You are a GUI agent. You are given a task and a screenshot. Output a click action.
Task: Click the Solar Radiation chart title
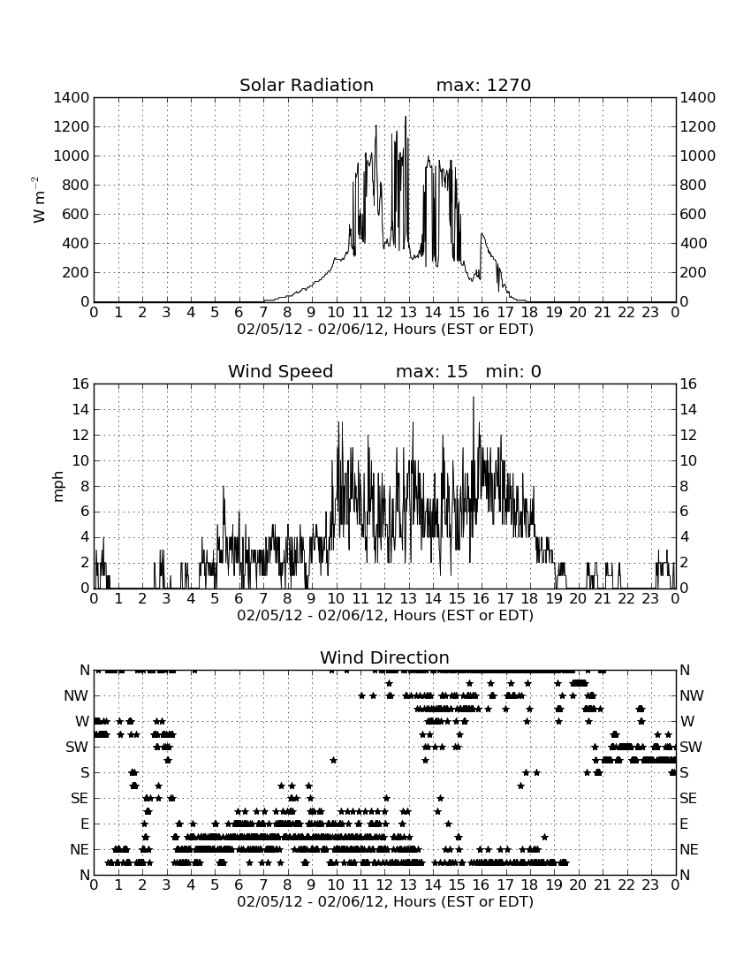[x=306, y=85]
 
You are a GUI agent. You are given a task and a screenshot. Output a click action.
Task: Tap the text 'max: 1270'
[x=483, y=85]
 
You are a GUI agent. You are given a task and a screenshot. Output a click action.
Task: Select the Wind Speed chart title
[x=280, y=371]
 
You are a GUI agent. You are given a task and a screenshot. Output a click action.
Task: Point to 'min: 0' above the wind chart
[x=513, y=371]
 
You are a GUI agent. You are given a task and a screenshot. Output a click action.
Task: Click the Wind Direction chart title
[x=384, y=657]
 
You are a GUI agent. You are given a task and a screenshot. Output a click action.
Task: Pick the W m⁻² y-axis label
[x=38, y=200]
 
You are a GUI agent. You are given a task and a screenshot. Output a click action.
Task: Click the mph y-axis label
[x=58, y=487]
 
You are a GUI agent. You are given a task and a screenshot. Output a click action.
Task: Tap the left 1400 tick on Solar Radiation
[x=72, y=97]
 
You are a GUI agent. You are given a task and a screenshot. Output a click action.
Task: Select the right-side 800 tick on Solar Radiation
[x=694, y=185]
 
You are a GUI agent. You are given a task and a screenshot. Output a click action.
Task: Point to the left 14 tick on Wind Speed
[x=81, y=409]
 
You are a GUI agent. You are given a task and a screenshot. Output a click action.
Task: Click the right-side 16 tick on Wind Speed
[x=688, y=383]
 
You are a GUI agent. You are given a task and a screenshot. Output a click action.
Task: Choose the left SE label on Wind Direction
[x=80, y=799]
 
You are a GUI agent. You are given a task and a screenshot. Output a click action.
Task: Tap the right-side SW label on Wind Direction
[x=691, y=747]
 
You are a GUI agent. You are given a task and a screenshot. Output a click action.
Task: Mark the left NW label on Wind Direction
[x=76, y=696]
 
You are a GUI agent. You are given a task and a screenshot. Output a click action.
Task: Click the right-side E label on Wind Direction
[x=684, y=824]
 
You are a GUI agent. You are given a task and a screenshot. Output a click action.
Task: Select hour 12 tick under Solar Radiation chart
[x=384, y=312]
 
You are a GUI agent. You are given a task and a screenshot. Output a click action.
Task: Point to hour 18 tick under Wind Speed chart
[x=530, y=598]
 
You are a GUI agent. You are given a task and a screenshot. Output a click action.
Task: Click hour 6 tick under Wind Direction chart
[x=239, y=885]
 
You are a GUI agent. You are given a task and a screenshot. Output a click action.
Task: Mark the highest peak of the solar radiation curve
[x=406, y=117]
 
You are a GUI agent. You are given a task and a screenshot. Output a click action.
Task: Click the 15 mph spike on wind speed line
[x=474, y=397]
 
